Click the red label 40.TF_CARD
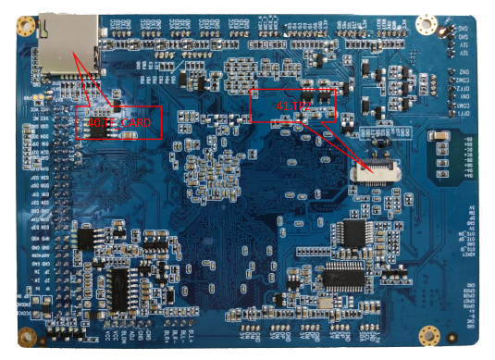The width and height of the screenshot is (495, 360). (119, 122)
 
